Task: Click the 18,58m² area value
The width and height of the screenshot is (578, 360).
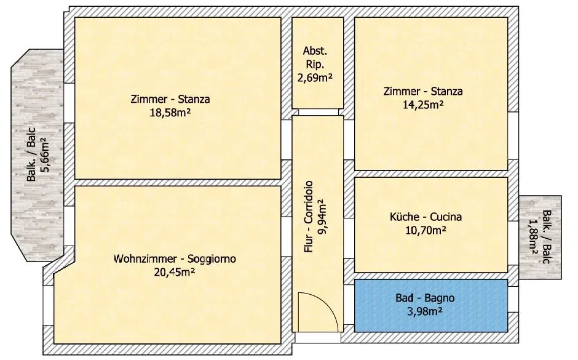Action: (x=170, y=113)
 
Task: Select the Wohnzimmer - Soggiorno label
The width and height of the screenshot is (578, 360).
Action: (x=175, y=258)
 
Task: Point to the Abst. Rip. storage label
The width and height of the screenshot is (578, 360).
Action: (x=315, y=57)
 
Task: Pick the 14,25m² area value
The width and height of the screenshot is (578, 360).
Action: (x=423, y=105)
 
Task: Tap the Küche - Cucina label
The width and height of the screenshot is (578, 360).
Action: (x=426, y=217)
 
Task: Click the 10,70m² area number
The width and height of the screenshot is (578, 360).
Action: (x=426, y=231)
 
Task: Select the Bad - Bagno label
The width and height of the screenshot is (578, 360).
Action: (x=425, y=298)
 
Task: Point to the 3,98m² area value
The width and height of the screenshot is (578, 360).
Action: (x=425, y=311)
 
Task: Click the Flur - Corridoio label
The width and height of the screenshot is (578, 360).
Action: (x=309, y=217)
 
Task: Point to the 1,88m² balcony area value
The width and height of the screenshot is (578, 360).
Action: (x=532, y=237)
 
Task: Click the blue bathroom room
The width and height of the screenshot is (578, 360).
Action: (x=431, y=306)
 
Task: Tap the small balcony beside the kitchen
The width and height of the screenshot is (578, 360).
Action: (x=540, y=237)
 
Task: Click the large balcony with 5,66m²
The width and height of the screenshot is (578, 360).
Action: (x=37, y=155)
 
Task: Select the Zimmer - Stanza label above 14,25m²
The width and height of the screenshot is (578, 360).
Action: (x=423, y=91)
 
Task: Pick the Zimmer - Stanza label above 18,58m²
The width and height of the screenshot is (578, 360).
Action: (x=170, y=99)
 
